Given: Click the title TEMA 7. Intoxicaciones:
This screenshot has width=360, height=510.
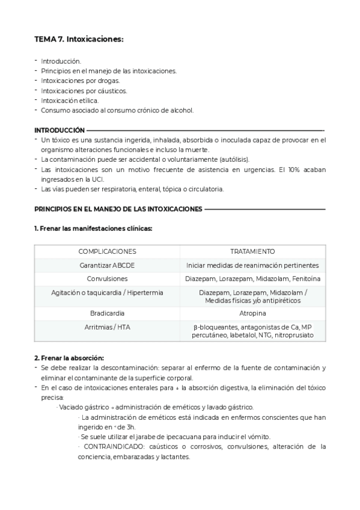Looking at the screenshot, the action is coord(79,39).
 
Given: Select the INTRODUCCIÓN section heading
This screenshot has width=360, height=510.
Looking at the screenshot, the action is coord(59,130).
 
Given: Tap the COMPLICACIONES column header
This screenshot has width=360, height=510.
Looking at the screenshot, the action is coord(107,251).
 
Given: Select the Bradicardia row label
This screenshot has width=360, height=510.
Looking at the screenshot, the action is coord(107,313).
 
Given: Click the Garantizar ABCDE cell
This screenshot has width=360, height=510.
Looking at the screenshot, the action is coord(107,265).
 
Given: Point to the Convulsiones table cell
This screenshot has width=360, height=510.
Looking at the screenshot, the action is coord(107,278).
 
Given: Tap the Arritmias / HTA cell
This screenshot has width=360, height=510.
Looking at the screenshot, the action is coord(107,327).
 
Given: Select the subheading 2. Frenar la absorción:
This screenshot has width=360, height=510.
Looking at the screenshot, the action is coord(69,358).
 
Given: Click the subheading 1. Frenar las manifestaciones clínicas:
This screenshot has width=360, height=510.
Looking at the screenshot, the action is coord(93,229).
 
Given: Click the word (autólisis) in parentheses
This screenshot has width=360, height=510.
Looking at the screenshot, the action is coord(231,159).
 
